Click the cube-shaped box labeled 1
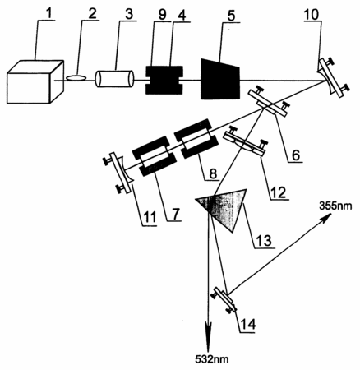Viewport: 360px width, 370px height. [x=35, y=81]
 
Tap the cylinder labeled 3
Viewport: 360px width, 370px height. [x=114, y=79]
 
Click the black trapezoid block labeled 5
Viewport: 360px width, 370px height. [x=220, y=79]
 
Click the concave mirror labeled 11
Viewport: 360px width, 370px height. [x=121, y=173]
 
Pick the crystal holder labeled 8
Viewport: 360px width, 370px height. [x=196, y=139]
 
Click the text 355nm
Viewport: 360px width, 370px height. [x=335, y=206]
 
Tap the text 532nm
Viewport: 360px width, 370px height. [x=211, y=359]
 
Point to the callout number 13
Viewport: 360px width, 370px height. [x=264, y=240]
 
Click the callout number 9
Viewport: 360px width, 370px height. [x=162, y=15]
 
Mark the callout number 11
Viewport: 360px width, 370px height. [x=149, y=217]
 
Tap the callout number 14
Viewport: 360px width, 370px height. [x=248, y=325]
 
